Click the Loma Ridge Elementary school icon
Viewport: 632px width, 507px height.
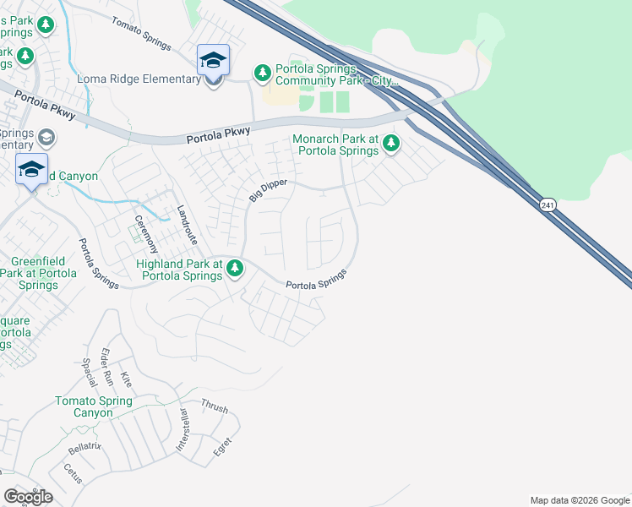tap(213, 61)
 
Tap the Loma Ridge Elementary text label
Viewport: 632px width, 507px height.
tap(139, 79)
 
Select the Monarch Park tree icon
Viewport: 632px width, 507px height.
tap(390, 143)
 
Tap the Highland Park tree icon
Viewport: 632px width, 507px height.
tap(235, 269)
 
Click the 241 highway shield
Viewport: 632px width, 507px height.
tap(547, 204)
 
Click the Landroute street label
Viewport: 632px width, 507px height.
tap(187, 225)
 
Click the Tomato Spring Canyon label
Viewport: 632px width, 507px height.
tap(93, 407)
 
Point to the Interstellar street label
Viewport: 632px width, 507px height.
tap(181, 431)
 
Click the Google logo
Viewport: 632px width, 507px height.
tap(28, 497)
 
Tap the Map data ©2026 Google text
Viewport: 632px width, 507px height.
tap(580, 500)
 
